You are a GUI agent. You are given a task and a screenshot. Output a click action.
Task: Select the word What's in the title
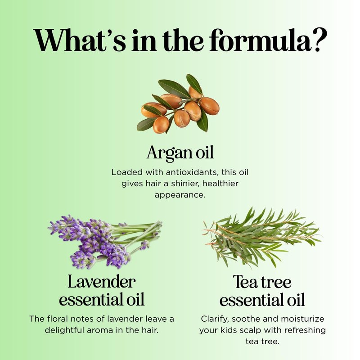point(80,40)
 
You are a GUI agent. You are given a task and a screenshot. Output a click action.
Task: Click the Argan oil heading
point(180,153)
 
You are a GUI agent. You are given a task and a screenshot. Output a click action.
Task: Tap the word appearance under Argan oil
point(180,195)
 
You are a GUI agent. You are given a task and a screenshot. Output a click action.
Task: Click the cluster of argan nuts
point(178,104)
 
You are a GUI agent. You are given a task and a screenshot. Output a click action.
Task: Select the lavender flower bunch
point(105,242)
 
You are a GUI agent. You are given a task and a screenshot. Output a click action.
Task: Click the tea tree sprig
point(261,238)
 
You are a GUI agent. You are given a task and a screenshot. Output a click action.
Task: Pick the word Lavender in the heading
point(102,282)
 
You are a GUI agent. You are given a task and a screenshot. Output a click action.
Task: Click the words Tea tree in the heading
point(262,282)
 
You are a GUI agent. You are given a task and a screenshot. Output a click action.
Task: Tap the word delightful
point(66,331)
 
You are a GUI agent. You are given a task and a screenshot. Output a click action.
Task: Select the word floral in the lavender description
point(58,319)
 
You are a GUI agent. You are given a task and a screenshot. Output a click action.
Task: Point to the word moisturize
point(302,319)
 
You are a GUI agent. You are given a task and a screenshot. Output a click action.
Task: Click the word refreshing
point(305,331)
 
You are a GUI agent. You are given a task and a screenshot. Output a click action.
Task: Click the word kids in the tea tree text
point(229,330)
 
